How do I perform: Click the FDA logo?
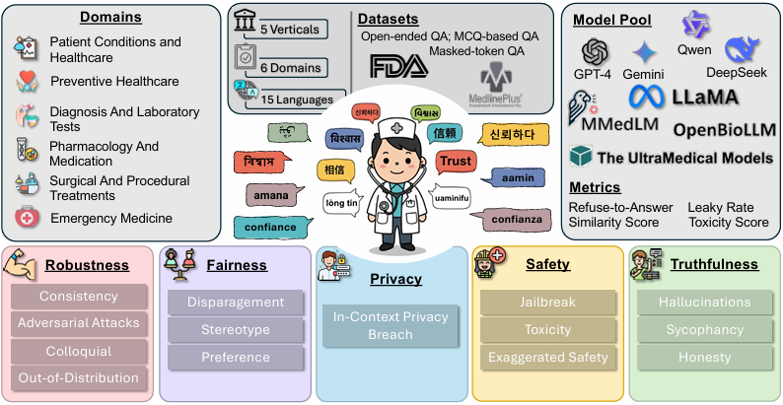(x=399, y=66)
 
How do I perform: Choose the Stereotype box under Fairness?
(x=235, y=329)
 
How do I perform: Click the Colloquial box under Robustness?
(x=78, y=350)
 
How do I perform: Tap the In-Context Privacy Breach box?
(x=390, y=326)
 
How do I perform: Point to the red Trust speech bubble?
(x=456, y=162)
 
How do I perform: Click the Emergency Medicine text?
(x=110, y=218)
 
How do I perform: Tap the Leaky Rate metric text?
(x=724, y=207)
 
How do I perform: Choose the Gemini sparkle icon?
(x=644, y=52)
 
